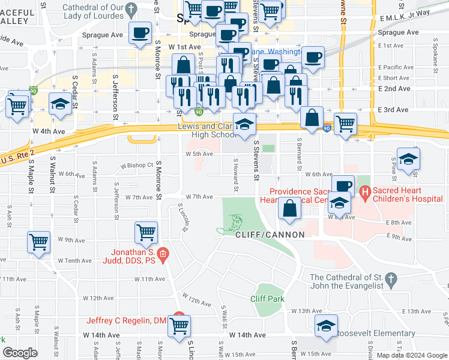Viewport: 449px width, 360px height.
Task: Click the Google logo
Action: pyautogui.click(x=20, y=353)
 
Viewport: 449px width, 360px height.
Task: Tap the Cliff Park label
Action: pyautogui.click(x=267, y=299)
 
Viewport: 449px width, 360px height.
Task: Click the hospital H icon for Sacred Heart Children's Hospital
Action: pyautogui.click(x=364, y=192)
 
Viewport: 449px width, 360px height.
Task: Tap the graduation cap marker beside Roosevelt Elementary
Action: pyautogui.click(x=326, y=326)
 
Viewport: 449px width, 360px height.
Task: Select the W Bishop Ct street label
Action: pyautogui.click(x=136, y=165)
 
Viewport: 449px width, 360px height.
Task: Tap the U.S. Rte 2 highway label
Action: pyautogui.click(x=17, y=158)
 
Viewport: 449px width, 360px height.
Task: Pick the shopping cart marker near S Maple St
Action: pyautogui.click(x=39, y=242)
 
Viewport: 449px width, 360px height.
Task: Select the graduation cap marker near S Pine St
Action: pyautogui.click(x=408, y=159)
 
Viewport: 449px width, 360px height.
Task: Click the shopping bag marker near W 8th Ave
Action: pyautogui.click(x=289, y=208)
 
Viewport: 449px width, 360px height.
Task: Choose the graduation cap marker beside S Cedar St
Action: pyautogui.click(x=60, y=105)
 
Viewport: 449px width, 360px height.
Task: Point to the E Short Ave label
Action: pyautogui.click(x=395, y=78)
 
